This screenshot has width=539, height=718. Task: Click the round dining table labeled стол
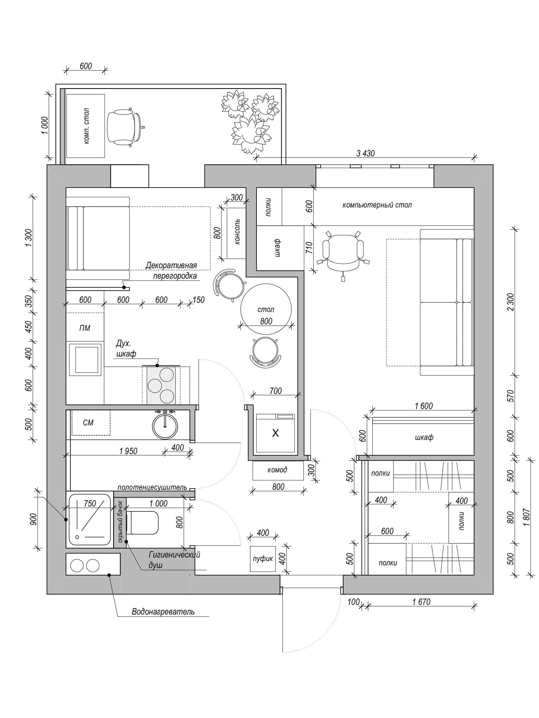pyautogui.click(x=266, y=309)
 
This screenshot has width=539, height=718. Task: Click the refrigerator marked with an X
pyautogui.click(x=275, y=433)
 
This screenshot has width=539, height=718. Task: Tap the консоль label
pyautogui.click(x=237, y=231)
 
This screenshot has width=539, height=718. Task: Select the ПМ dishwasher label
pyautogui.click(x=85, y=328)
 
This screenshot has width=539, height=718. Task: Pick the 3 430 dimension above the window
pyautogui.click(x=365, y=153)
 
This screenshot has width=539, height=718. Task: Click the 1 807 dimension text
pyautogui.click(x=526, y=517)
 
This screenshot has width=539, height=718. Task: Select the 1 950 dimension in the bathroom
pyautogui.click(x=128, y=451)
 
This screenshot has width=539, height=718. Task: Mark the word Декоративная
pyautogui.click(x=171, y=265)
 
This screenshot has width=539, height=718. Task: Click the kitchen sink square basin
pyautogui.click(x=86, y=360)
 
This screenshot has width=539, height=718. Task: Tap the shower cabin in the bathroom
pyautogui.click(x=90, y=519)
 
